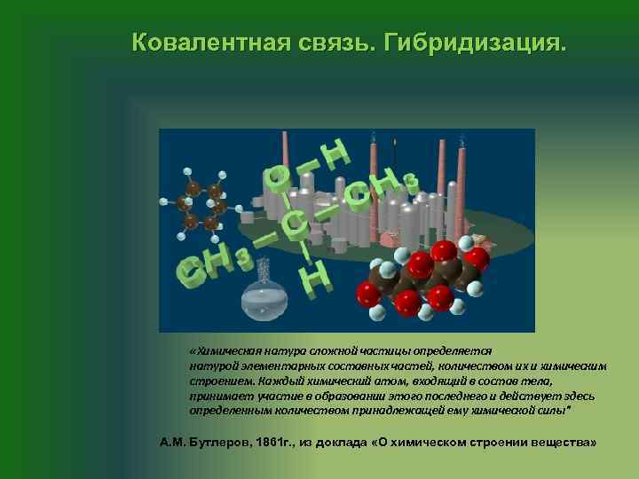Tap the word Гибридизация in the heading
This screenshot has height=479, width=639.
click(473, 43)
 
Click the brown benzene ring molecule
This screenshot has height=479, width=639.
click(201, 205)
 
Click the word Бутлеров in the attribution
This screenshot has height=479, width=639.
click(217, 441)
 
